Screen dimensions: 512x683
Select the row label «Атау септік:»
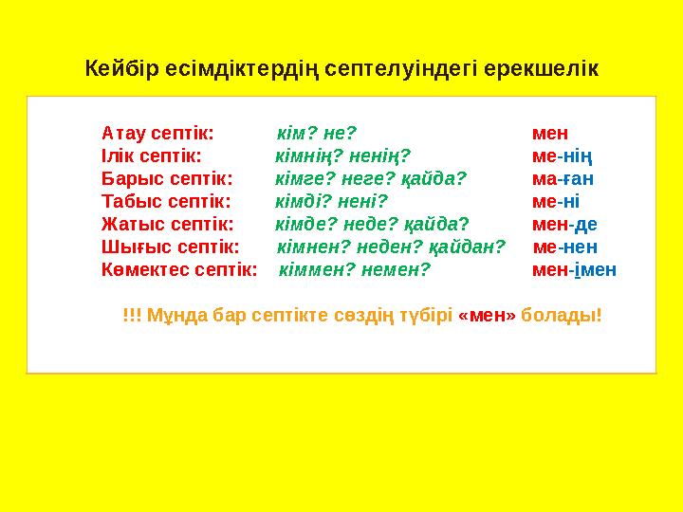[157, 133]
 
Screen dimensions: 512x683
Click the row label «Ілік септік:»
[151, 155]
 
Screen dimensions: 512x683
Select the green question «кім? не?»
[316, 133]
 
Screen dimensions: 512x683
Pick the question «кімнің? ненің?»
[342, 155]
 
